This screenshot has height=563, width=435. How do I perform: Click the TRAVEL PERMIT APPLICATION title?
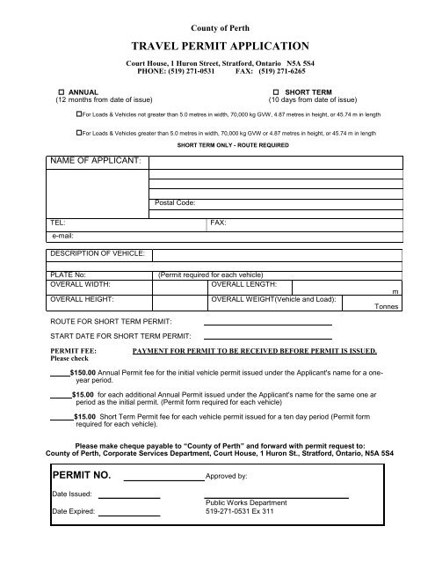pyautogui.click(x=217, y=43)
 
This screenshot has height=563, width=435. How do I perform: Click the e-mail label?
pyautogui.click(x=62, y=237)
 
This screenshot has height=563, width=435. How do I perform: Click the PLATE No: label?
pyautogui.click(x=68, y=274)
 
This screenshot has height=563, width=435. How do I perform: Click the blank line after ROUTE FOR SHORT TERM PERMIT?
pyautogui.click(x=267, y=325)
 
